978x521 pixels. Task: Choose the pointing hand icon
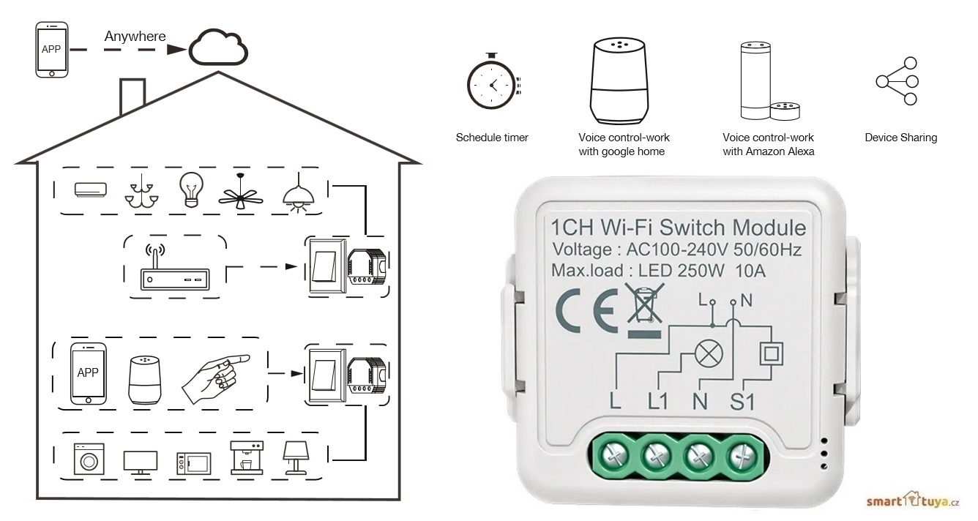(216, 375)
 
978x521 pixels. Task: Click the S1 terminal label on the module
(742, 400)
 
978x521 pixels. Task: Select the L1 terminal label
(658, 400)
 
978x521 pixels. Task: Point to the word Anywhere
(135, 36)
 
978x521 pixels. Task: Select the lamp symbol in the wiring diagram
(707, 354)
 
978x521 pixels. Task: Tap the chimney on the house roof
(132, 95)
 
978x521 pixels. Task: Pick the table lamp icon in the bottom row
(296, 457)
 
